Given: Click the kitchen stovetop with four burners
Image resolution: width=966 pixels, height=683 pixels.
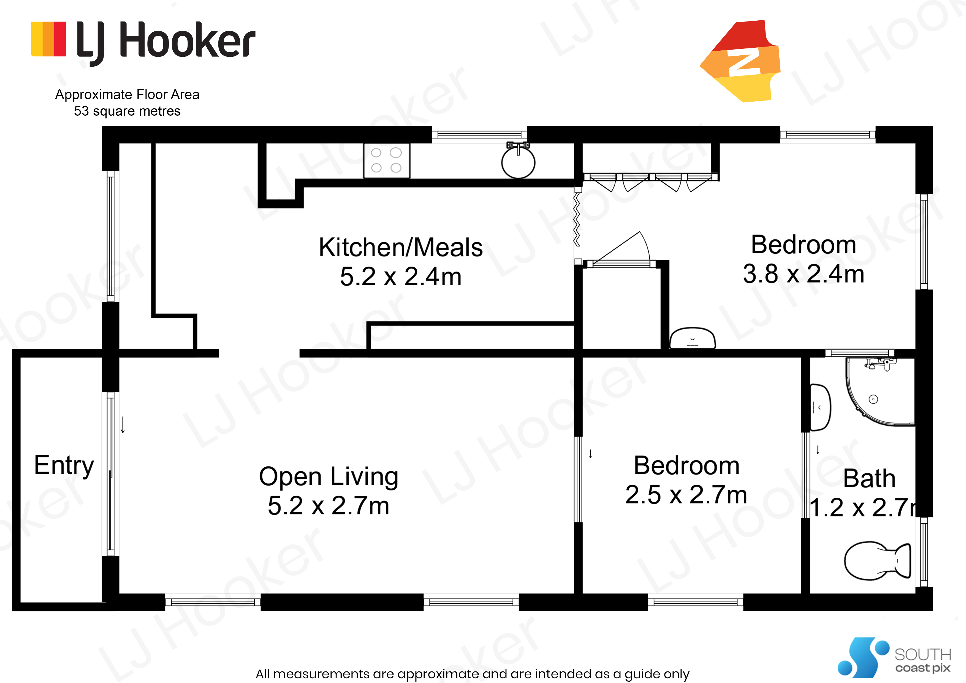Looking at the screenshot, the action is (x=387, y=160).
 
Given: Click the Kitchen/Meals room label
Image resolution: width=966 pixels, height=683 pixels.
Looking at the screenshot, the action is (x=401, y=247).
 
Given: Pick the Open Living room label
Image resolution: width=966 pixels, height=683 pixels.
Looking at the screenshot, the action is (x=329, y=477).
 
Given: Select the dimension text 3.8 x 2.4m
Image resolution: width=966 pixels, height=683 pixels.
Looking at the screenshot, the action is (x=804, y=274).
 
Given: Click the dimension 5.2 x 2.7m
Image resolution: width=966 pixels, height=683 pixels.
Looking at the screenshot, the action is (x=329, y=505).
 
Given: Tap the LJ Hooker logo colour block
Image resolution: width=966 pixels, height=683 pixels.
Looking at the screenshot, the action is (x=48, y=39).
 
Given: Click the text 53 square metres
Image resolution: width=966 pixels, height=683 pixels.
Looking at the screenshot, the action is (x=127, y=111).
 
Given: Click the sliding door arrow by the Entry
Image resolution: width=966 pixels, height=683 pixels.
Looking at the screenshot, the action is (x=123, y=425).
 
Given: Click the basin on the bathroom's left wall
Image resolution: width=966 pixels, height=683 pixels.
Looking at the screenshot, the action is (x=820, y=407).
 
